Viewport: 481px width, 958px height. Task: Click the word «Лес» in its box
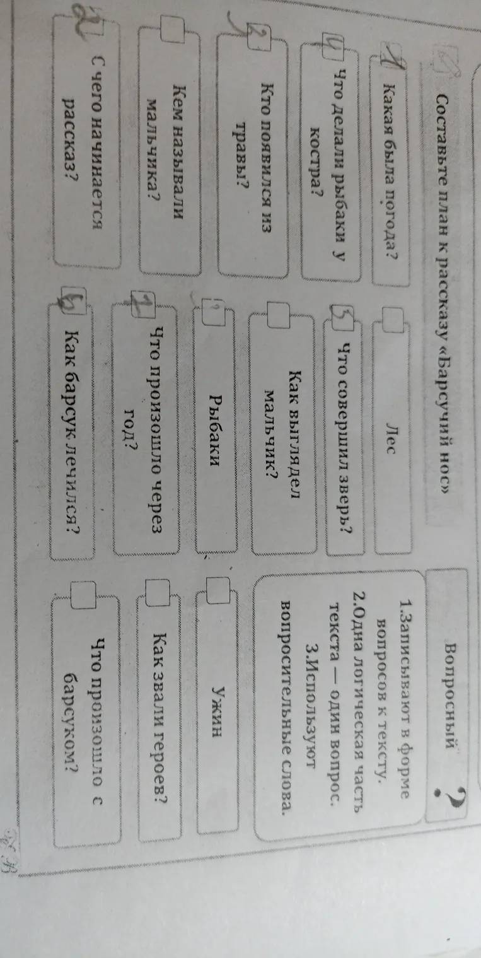tap(390, 437)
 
